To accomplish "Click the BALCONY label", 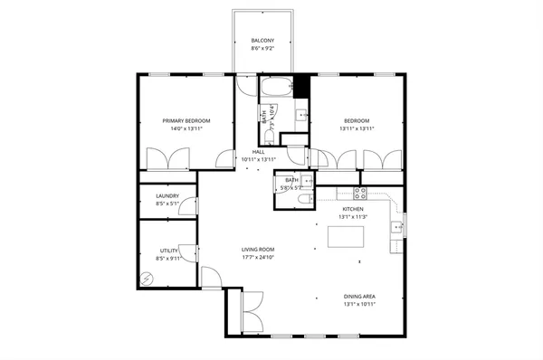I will tap(264, 42).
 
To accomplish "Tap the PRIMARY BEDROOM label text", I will tap(186, 120).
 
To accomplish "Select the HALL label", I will tap(259, 151).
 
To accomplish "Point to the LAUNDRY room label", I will tap(167, 195).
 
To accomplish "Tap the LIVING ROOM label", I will tap(258, 249).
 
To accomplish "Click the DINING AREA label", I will tap(359, 296).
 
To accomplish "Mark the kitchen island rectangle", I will tap(345, 237).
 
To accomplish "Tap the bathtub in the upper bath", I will tap(276, 88).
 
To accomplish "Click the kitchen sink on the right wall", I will tap(395, 227).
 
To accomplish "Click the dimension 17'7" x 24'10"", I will tap(258, 257).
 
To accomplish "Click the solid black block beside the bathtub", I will tap(302, 86).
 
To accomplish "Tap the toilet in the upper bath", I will tap(271, 130).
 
